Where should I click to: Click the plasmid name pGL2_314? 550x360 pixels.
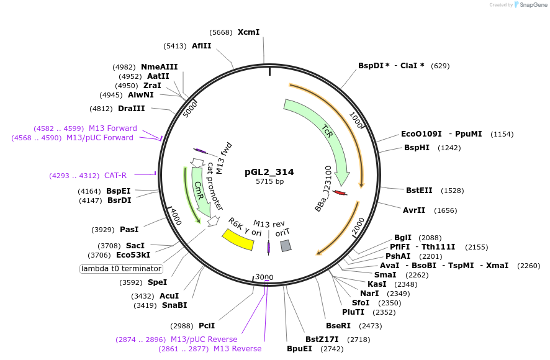(269, 172)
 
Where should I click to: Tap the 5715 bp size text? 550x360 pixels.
(269, 182)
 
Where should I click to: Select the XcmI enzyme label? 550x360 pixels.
(248, 32)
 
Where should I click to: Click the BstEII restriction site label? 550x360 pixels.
(418, 190)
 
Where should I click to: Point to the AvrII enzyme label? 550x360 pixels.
(414, 210)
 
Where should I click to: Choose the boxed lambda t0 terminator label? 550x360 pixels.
(122, 269)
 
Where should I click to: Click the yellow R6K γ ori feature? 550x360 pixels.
(238, 239)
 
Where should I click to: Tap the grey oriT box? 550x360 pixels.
(286, 246)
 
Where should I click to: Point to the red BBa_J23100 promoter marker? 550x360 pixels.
(340, 193)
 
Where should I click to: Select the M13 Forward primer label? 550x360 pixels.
(112, 128)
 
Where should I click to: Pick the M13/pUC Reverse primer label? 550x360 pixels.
(204, 340)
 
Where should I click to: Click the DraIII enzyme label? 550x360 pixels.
(131, 109)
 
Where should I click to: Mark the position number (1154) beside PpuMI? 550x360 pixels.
(503, 134)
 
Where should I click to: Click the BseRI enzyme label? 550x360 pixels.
(338, 326)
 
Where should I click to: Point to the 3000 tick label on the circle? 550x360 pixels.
(264, 277)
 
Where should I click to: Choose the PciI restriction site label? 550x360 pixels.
(207, 326)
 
